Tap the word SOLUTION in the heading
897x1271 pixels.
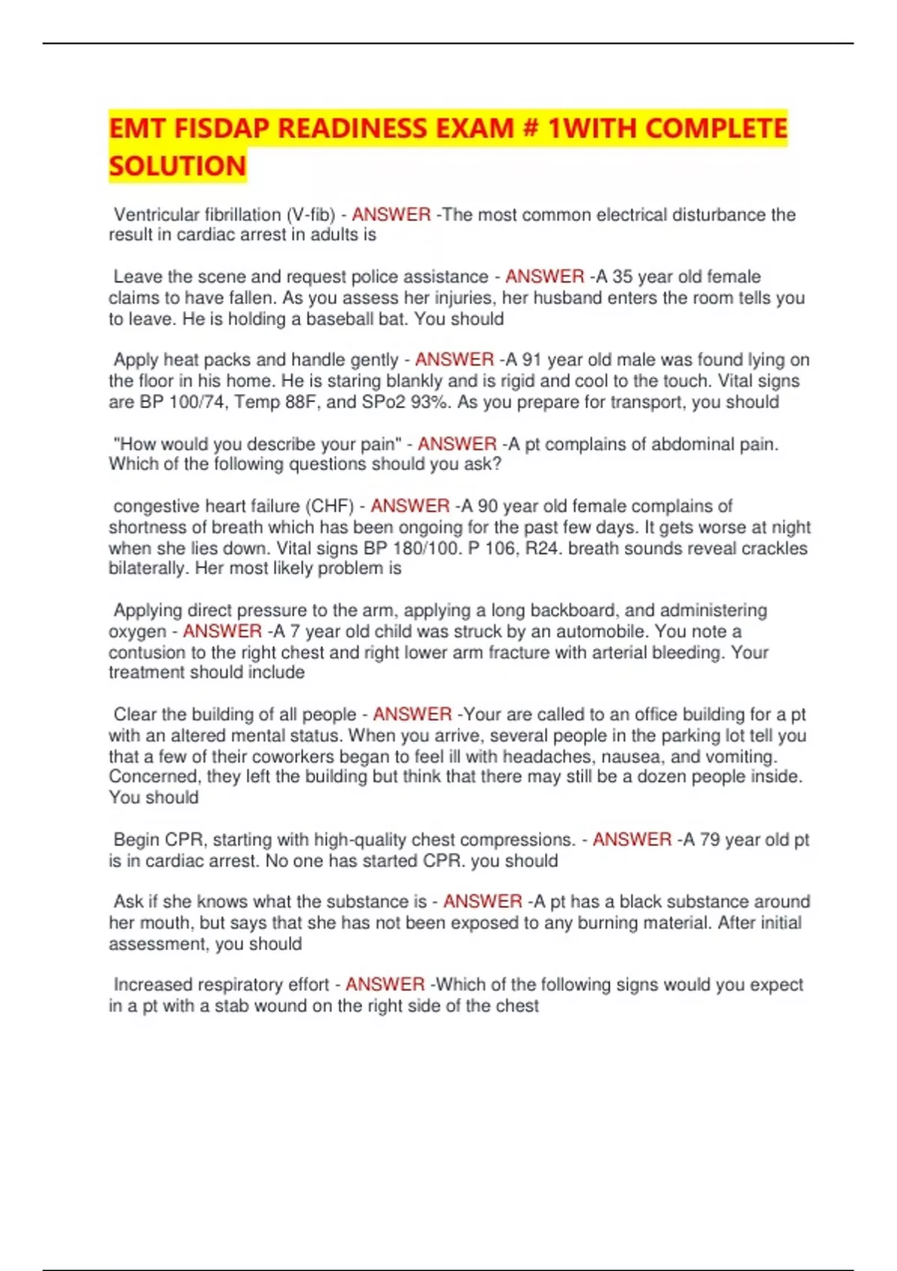click(x=177, y=166)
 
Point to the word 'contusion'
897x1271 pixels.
click(x=147, y=652)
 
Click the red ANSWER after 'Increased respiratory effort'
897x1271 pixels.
click(x=385, y=985)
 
